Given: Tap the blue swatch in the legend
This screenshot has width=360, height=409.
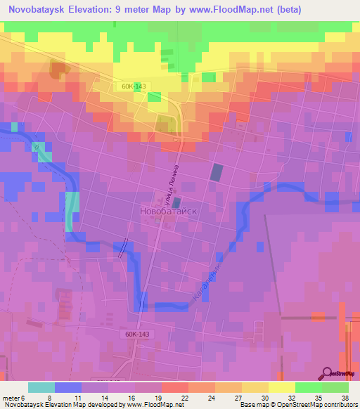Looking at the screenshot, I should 67,387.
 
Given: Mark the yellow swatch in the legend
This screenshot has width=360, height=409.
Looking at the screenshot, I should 281,387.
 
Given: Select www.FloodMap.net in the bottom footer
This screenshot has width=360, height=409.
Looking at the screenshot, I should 153,405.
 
